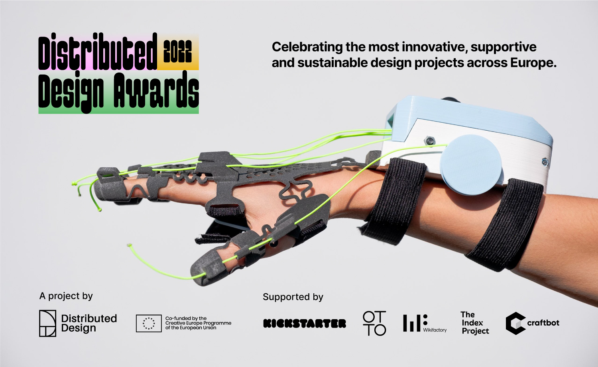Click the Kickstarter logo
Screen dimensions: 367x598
tap(305, 324)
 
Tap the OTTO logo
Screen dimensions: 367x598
tap(374, 323)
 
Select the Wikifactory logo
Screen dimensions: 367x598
tap(424, 323)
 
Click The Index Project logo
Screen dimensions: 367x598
tap(475, 323)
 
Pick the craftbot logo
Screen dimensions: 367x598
tap(532, 323)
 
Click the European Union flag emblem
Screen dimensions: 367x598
tap(149, 323)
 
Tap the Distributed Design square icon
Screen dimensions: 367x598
tap(47, 323)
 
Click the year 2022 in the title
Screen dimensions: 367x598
tap(177, 51)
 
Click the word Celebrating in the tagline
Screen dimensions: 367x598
tap(307, 47)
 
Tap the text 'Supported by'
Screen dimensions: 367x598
tap(293, 297)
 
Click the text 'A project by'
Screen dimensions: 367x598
tap(66, 296)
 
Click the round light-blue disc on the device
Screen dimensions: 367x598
tap(471, 165)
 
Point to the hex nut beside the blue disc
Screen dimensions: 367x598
tap(430, 140)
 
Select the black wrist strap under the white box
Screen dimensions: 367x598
tap(395, 199)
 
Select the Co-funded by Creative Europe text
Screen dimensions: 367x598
tap(198, 323)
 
